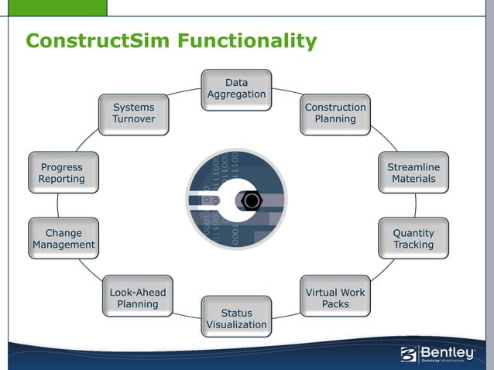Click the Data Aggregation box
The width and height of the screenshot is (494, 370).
click(236, 89)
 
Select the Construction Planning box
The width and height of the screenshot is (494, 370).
click(335, 114)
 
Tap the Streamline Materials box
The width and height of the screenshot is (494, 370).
click(413, 173)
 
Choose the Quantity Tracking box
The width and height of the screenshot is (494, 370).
click(413, 238)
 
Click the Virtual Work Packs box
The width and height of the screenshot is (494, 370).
click(335, 297)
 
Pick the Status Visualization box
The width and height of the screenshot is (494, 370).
click(236, 317)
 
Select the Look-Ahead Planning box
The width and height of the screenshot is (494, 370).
click(138, 297)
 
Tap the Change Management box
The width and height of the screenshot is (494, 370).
click(63, 238)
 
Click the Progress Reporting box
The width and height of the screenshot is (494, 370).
click(62, 173)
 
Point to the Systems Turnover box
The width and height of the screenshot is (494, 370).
click(133, 114)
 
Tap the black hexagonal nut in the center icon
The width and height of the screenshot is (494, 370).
click(251, 201)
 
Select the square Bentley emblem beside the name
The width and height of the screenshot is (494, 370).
click(409, 355)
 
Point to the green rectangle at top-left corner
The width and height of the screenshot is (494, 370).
click(53, 8)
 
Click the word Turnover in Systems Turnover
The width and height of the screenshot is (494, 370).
click(133, 120)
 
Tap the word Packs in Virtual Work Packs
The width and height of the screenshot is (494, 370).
click(335, 304)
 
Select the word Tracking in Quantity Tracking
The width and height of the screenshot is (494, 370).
click(413, 245)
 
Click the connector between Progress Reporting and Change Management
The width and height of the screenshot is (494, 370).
click(57, 205)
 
